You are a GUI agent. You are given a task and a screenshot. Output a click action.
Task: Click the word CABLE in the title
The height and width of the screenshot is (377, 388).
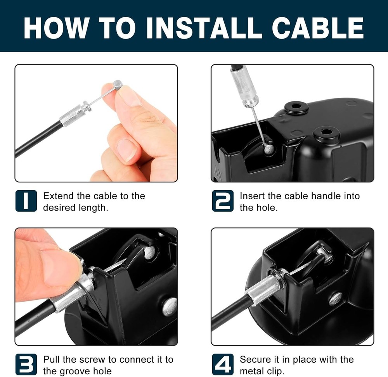318,28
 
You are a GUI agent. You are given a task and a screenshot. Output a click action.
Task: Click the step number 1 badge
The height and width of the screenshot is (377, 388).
26,201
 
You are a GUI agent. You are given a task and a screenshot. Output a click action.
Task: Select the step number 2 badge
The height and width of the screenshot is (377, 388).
223,201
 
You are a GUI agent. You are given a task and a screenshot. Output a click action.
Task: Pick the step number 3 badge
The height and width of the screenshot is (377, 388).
26,364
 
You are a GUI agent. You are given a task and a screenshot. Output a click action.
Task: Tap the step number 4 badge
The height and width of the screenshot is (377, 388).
223,364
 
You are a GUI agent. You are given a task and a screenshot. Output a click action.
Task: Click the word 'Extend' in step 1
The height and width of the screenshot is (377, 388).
59,196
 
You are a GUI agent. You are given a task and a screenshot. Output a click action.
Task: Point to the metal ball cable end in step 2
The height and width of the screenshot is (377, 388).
269,149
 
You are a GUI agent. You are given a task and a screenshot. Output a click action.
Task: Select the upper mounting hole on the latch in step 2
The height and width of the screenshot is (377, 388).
296,107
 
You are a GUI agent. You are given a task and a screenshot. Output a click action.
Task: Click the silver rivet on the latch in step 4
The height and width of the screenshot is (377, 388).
336,299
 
